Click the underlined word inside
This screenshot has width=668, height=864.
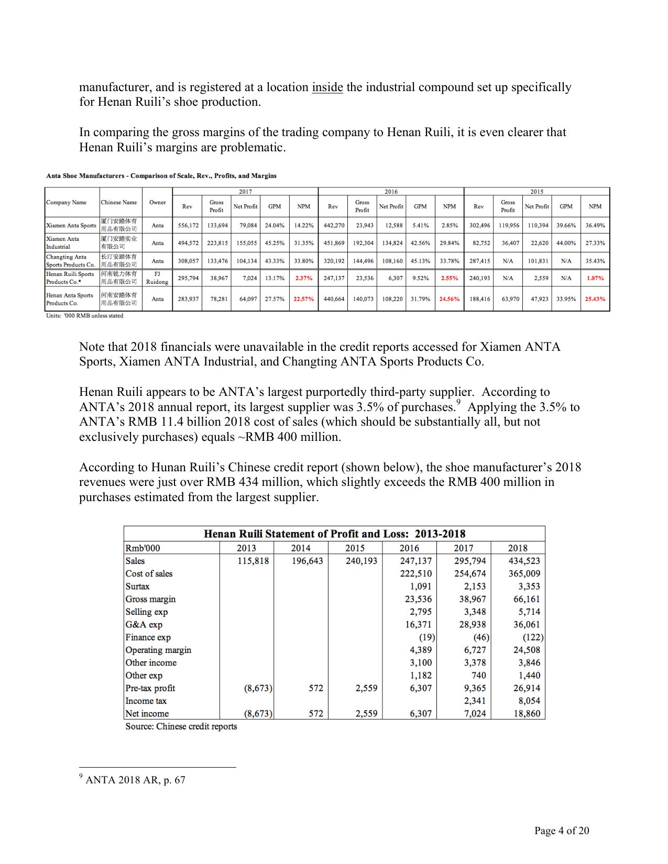(327, 87)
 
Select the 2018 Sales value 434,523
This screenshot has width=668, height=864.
(524, 561)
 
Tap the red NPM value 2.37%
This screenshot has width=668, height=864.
(304, 278)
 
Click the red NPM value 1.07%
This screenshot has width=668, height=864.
(595, 278)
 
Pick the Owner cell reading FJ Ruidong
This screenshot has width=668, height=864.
(157, 278)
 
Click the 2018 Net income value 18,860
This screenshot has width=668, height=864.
(526, 714)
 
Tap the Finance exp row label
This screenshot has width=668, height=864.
(148, 637)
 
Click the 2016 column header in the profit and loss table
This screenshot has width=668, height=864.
(409, 548)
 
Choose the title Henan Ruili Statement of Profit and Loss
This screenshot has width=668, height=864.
(334, 534)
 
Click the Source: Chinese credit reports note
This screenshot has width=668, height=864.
(181, 727)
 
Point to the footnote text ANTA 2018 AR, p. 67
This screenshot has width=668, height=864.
(135, 780)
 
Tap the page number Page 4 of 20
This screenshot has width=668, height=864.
(562, 830)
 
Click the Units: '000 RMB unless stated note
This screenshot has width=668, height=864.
(85, 316)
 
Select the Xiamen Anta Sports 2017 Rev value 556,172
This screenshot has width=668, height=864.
(188, 226)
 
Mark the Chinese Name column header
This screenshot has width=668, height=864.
(119, 203)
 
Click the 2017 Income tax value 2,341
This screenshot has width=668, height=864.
(475, 701)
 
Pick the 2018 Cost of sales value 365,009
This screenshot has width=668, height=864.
(524, 574)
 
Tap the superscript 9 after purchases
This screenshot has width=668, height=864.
(458, 402)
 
